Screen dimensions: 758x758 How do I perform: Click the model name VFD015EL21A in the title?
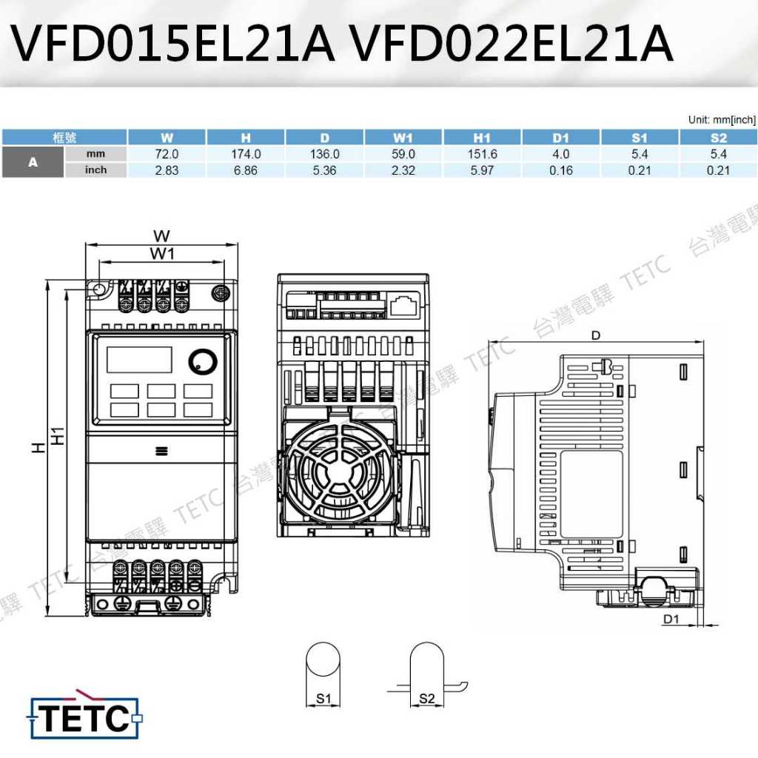[173, 43]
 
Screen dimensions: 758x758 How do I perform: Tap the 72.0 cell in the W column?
[167, 154]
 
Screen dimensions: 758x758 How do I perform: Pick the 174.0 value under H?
[246, 154]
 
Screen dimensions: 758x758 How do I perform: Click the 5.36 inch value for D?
[324, 171]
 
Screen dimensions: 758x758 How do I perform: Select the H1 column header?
[482, 138]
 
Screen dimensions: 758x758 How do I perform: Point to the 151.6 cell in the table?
[482, 154]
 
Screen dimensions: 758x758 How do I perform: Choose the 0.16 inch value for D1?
[561, 171]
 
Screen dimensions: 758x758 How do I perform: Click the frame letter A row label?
[33, 162]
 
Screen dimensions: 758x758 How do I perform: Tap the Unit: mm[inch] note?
[722, 120]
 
